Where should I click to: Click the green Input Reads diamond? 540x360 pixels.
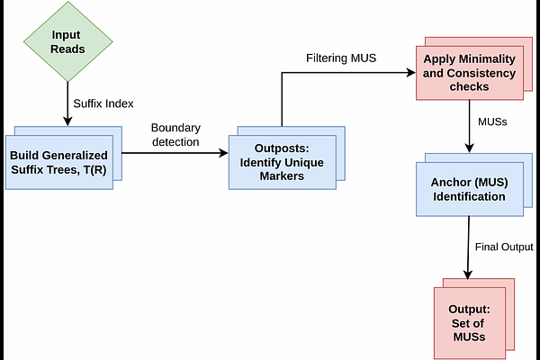coord(67,41)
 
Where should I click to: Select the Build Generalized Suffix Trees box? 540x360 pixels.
coord(61,159)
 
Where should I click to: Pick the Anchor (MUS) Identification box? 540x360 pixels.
coord(470,190)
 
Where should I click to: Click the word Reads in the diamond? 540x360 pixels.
coord(67,49)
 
